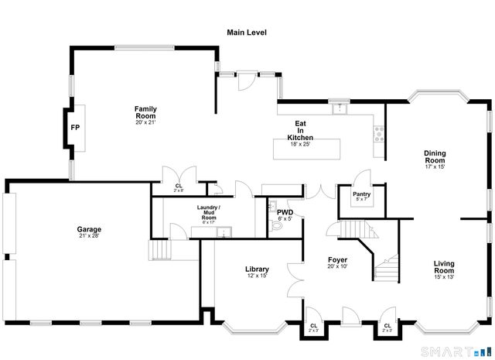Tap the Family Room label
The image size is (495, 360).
pos(145,109)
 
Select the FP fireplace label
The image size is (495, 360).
pos(75,127)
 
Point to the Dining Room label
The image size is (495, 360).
pos(435,156)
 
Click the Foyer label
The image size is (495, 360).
pos(336,259)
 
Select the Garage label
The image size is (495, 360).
pos(89,229)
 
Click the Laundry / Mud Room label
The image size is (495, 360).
pos(208,213)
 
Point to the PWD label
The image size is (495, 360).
pos(284,211)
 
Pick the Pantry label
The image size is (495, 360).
pos(361,194)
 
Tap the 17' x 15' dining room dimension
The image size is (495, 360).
pos(435,166)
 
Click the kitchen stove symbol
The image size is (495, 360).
pos(379,136)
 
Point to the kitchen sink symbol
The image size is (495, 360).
pos(339,108)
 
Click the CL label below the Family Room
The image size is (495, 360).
pos(178,186)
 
